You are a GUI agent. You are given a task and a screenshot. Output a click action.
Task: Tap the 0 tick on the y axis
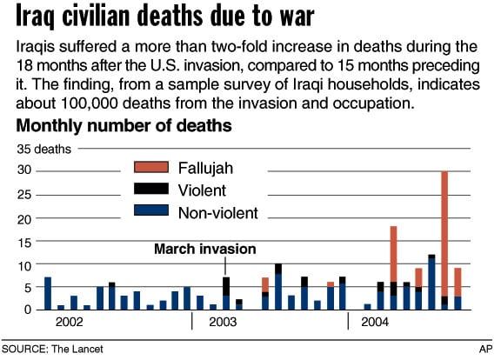tap(28, 310)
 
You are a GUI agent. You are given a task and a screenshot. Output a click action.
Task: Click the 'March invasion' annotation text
tap(204, 250)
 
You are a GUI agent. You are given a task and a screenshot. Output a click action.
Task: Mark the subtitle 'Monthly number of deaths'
tap(124, 126)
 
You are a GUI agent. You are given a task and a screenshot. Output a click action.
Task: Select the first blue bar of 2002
tap(48, 293)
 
